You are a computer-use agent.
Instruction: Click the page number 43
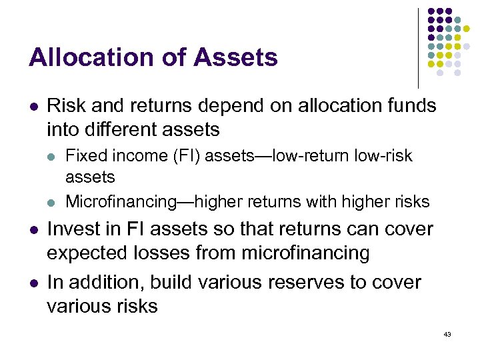tap(447, 334)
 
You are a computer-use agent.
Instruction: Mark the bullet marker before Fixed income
tap(52, 157)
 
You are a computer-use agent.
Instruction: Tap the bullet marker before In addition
tap(33, 283)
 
